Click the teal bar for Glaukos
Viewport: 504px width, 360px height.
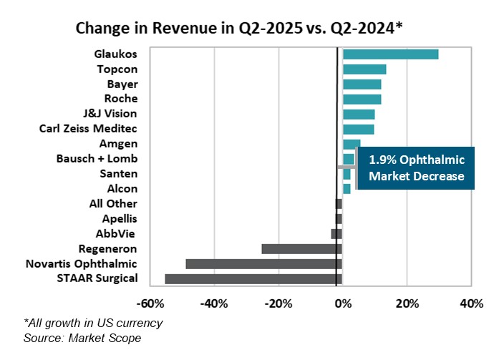click(390, 54)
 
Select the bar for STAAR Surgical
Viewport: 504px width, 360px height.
click(253, 279)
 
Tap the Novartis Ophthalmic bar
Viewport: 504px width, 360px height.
click(263, 264)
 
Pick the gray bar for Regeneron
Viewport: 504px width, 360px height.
click(301, 249)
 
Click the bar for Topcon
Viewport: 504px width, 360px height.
click(364, 69)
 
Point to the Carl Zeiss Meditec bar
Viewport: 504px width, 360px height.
click(358, 129)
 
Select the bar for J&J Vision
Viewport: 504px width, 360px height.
click(359, 114)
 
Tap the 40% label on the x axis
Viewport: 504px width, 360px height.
click(471, 303)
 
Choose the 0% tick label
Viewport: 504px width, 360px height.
click(343, 303)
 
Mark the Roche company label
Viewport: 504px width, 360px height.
click(121, 99)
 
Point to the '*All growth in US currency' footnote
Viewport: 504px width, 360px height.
click(93, 323)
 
